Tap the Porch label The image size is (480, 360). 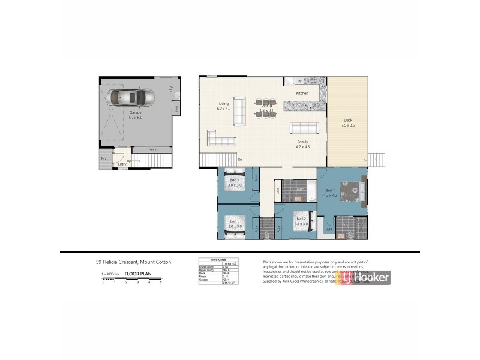106,158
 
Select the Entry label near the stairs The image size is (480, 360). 122,163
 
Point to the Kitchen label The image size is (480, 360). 302,94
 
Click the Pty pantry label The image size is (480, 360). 298,81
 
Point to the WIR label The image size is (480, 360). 328,229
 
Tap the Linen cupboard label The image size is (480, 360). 277,191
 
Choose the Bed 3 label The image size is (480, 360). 233,223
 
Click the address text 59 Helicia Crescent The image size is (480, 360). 133,262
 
